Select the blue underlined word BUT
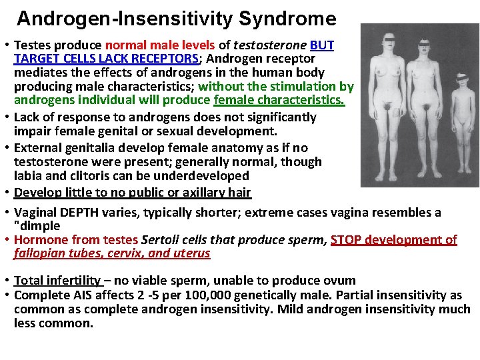322,45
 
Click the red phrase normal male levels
160,45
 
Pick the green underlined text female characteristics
279,100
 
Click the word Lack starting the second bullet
27,117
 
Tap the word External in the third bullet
39,147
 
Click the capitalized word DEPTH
83,212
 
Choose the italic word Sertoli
162,239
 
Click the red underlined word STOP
347,239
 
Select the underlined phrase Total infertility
57,281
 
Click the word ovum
339,281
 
